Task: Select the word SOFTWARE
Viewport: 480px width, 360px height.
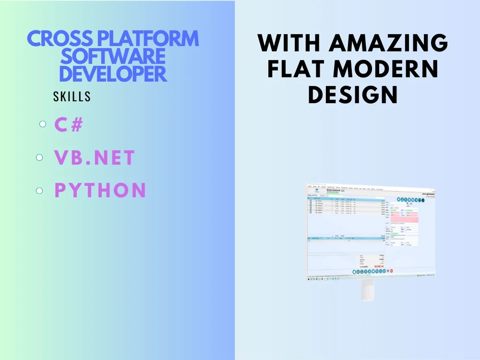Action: tap(113, 57)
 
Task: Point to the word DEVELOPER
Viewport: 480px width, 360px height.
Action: tap(113, 74)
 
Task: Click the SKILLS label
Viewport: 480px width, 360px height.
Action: tap(72, 96)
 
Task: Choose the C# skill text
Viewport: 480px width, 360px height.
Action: tap(69, 125)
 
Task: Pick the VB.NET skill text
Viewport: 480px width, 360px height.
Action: tap(95, 158)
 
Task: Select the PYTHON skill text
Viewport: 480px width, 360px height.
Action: tap(100, 191)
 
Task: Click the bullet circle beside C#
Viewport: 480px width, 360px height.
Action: tap(43, 124)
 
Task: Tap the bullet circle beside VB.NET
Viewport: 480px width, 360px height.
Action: tap(40, 157)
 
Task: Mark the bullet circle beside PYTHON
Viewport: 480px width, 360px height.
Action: tap(40, 191)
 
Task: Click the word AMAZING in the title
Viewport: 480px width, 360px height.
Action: tap(388, 44)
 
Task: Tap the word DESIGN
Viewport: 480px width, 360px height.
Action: tap(353, 95)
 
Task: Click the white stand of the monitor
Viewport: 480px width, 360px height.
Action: tap(368, 290)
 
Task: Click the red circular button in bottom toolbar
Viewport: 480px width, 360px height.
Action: tap(391, 271)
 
